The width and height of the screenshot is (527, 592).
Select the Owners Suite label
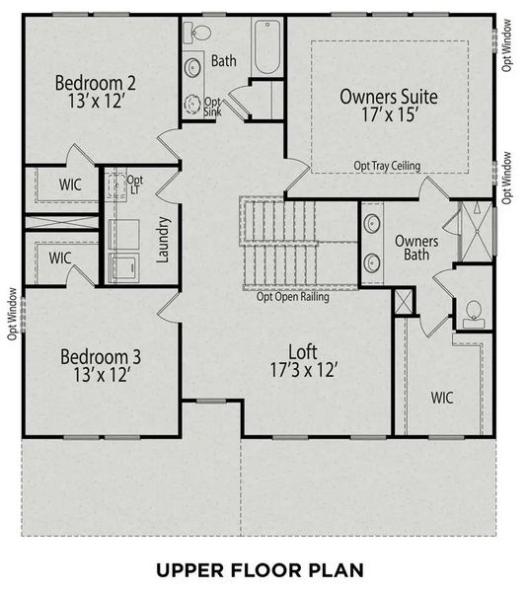coord(388,97)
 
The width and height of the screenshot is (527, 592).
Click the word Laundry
coord(164,241)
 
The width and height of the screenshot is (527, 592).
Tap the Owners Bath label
coord(415,249)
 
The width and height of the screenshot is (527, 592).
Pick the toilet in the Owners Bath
coord(472,313)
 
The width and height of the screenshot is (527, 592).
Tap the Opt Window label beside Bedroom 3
coord(13,313)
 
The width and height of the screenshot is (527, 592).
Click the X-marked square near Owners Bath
coord(404,302)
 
